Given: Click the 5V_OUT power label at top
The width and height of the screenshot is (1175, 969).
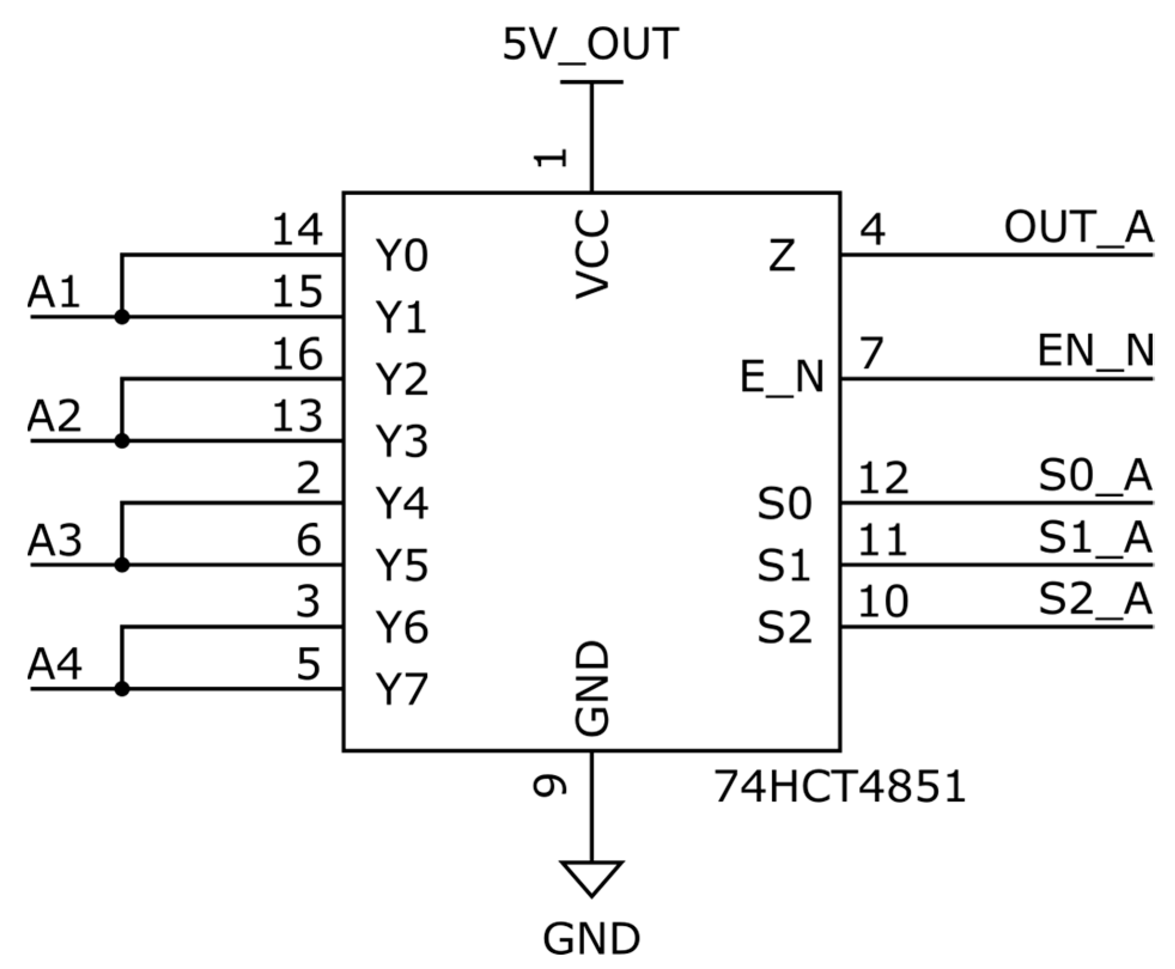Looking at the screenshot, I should (590, 45).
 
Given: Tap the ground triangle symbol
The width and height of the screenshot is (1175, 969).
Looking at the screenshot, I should (591, 876).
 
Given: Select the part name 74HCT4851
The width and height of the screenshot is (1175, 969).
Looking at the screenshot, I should (839, 787).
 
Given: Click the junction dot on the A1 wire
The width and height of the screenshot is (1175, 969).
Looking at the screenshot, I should (122, 317).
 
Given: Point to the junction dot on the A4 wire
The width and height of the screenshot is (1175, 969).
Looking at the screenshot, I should (122, 689).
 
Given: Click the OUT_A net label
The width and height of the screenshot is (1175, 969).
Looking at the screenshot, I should (1077, 228).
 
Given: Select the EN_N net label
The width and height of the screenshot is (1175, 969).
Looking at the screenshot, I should (1095, 351).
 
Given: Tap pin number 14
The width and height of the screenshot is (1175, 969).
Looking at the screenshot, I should (297, 230).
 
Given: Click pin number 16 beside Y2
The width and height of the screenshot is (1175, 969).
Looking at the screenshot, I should (297, 354).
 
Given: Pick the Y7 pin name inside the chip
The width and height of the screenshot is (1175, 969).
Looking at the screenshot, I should (401, 689).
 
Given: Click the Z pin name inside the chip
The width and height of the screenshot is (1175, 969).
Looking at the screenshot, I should (781, 255).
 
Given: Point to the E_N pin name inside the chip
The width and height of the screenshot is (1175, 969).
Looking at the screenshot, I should (782, 378).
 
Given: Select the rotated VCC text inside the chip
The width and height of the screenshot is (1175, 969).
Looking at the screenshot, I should (592, 254).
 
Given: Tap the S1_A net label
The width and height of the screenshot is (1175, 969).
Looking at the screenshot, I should (1095, 537).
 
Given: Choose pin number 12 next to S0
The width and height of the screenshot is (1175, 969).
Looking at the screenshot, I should (883, 478).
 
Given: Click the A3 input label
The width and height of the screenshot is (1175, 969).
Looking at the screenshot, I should (54, 540).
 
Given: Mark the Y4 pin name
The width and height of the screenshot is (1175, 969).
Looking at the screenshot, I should (401, 503).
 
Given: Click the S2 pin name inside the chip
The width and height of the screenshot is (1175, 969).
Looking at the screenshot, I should (784, 627).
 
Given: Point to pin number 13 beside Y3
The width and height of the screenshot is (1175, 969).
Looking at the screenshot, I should (297, 416).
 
